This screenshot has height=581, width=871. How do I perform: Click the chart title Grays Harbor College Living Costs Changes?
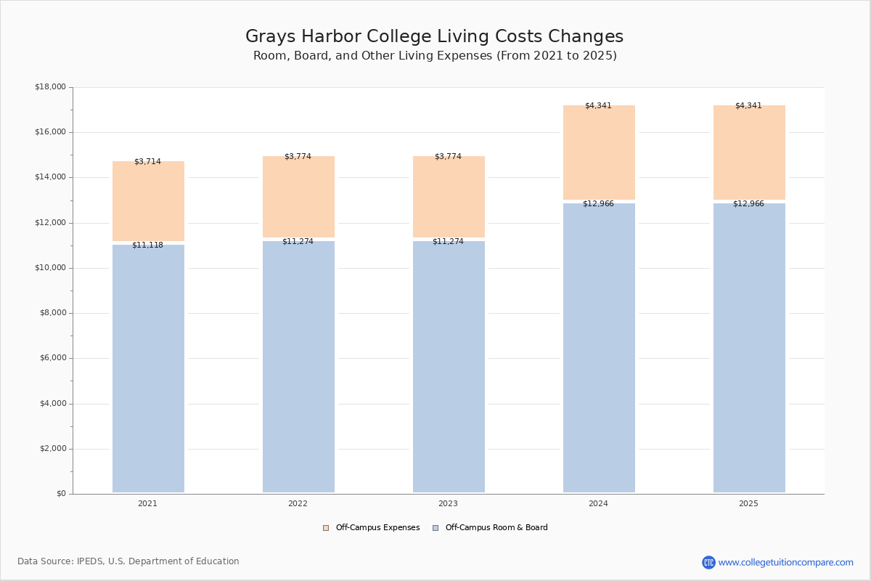click(x=434, y=37)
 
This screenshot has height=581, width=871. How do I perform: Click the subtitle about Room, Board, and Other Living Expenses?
click(x=435, y=56)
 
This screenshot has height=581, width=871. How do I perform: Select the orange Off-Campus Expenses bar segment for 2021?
click(x=148, y=203)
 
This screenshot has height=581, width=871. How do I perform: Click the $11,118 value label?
click(x=147, y=245)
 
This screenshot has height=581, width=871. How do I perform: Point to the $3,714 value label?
click(x=147, y=162)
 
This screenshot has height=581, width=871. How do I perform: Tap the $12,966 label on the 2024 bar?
click(x=598, y=204)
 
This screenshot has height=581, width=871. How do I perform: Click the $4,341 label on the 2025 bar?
click(x=748, y=106)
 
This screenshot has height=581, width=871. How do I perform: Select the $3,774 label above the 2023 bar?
click(x=448, y=157)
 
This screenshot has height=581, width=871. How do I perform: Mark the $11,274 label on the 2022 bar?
click(x=298, y=242)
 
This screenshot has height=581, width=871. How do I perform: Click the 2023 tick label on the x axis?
click(x=448, y=504)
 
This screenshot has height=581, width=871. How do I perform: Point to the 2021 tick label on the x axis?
click(x=147, y=504)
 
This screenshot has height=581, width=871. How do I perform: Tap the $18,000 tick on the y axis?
click(x=50, y=87)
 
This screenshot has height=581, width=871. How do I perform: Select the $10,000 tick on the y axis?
click(x=50, y=268)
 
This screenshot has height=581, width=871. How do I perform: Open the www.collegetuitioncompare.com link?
click(x=785, y=562)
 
